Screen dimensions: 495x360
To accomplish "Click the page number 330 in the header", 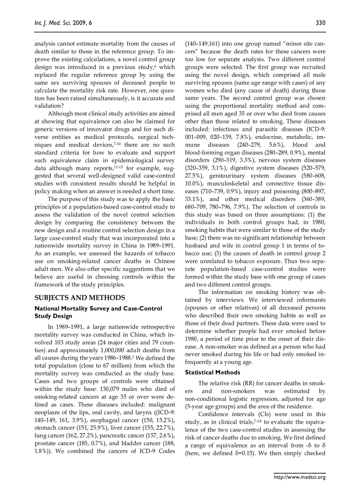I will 321,22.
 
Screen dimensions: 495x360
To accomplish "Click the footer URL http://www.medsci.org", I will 300,477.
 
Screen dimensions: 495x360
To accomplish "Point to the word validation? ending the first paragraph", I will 49,105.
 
